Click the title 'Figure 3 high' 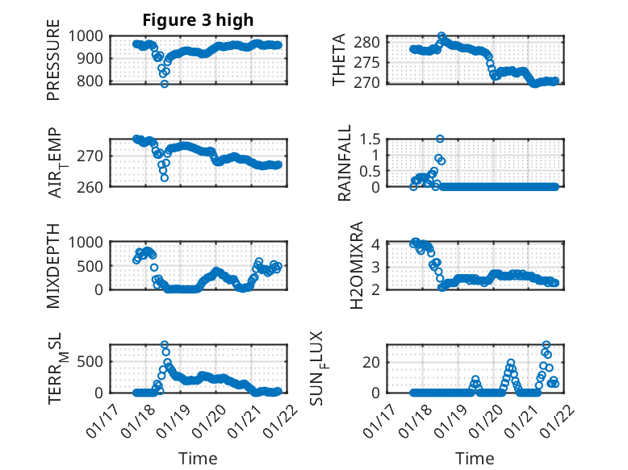198,20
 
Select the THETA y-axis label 340,60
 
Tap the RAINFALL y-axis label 345,163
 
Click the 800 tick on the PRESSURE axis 90,81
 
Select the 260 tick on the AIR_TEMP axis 90,187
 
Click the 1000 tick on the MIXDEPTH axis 86,242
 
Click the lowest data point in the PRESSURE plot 164,84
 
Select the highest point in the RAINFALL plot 440,139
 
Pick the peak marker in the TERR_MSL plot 165,345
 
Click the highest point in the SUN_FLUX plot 546,345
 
